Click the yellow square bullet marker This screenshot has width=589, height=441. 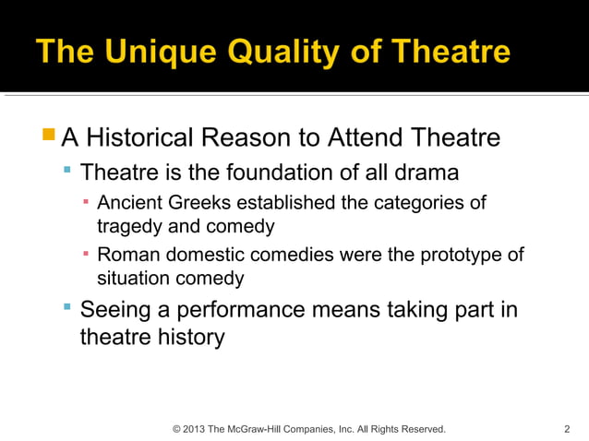pyautogui.click(x=48, y=137)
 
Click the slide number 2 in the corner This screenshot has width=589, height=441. pyautogui.click(x=566, y=429)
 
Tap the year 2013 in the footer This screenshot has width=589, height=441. pyautogui.click(x=195, y=429)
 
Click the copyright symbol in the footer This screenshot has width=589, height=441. pyautogui.click(x=177, y=429)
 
